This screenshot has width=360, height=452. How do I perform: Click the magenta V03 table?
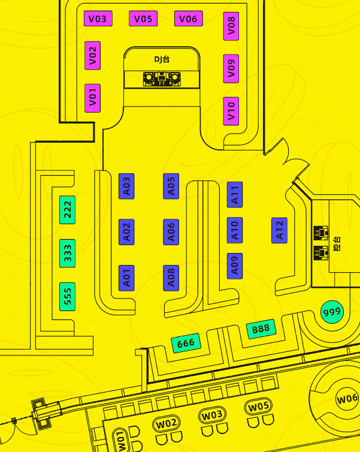98,19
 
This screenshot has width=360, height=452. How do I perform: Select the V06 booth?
188,19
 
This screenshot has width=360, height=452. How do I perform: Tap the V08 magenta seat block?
231,26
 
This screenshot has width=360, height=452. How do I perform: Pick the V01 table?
92,98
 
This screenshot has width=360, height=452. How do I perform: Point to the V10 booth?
231,112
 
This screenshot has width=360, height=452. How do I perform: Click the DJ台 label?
162,59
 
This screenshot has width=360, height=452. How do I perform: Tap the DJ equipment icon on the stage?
162,79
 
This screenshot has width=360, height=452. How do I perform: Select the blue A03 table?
126,186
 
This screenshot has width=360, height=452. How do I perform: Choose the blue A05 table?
171,186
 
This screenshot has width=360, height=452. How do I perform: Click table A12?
279,230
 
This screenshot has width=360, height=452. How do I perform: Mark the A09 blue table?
235,266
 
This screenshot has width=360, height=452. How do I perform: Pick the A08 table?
171,278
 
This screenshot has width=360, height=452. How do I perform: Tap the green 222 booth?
68,210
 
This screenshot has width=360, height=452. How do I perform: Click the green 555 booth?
68,297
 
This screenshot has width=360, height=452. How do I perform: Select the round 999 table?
332,312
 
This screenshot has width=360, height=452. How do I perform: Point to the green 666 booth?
186,343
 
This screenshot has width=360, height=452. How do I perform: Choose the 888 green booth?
261,329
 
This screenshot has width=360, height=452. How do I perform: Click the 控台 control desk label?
337,244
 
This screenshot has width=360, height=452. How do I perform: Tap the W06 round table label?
347,399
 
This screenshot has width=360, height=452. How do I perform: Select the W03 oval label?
212,415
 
